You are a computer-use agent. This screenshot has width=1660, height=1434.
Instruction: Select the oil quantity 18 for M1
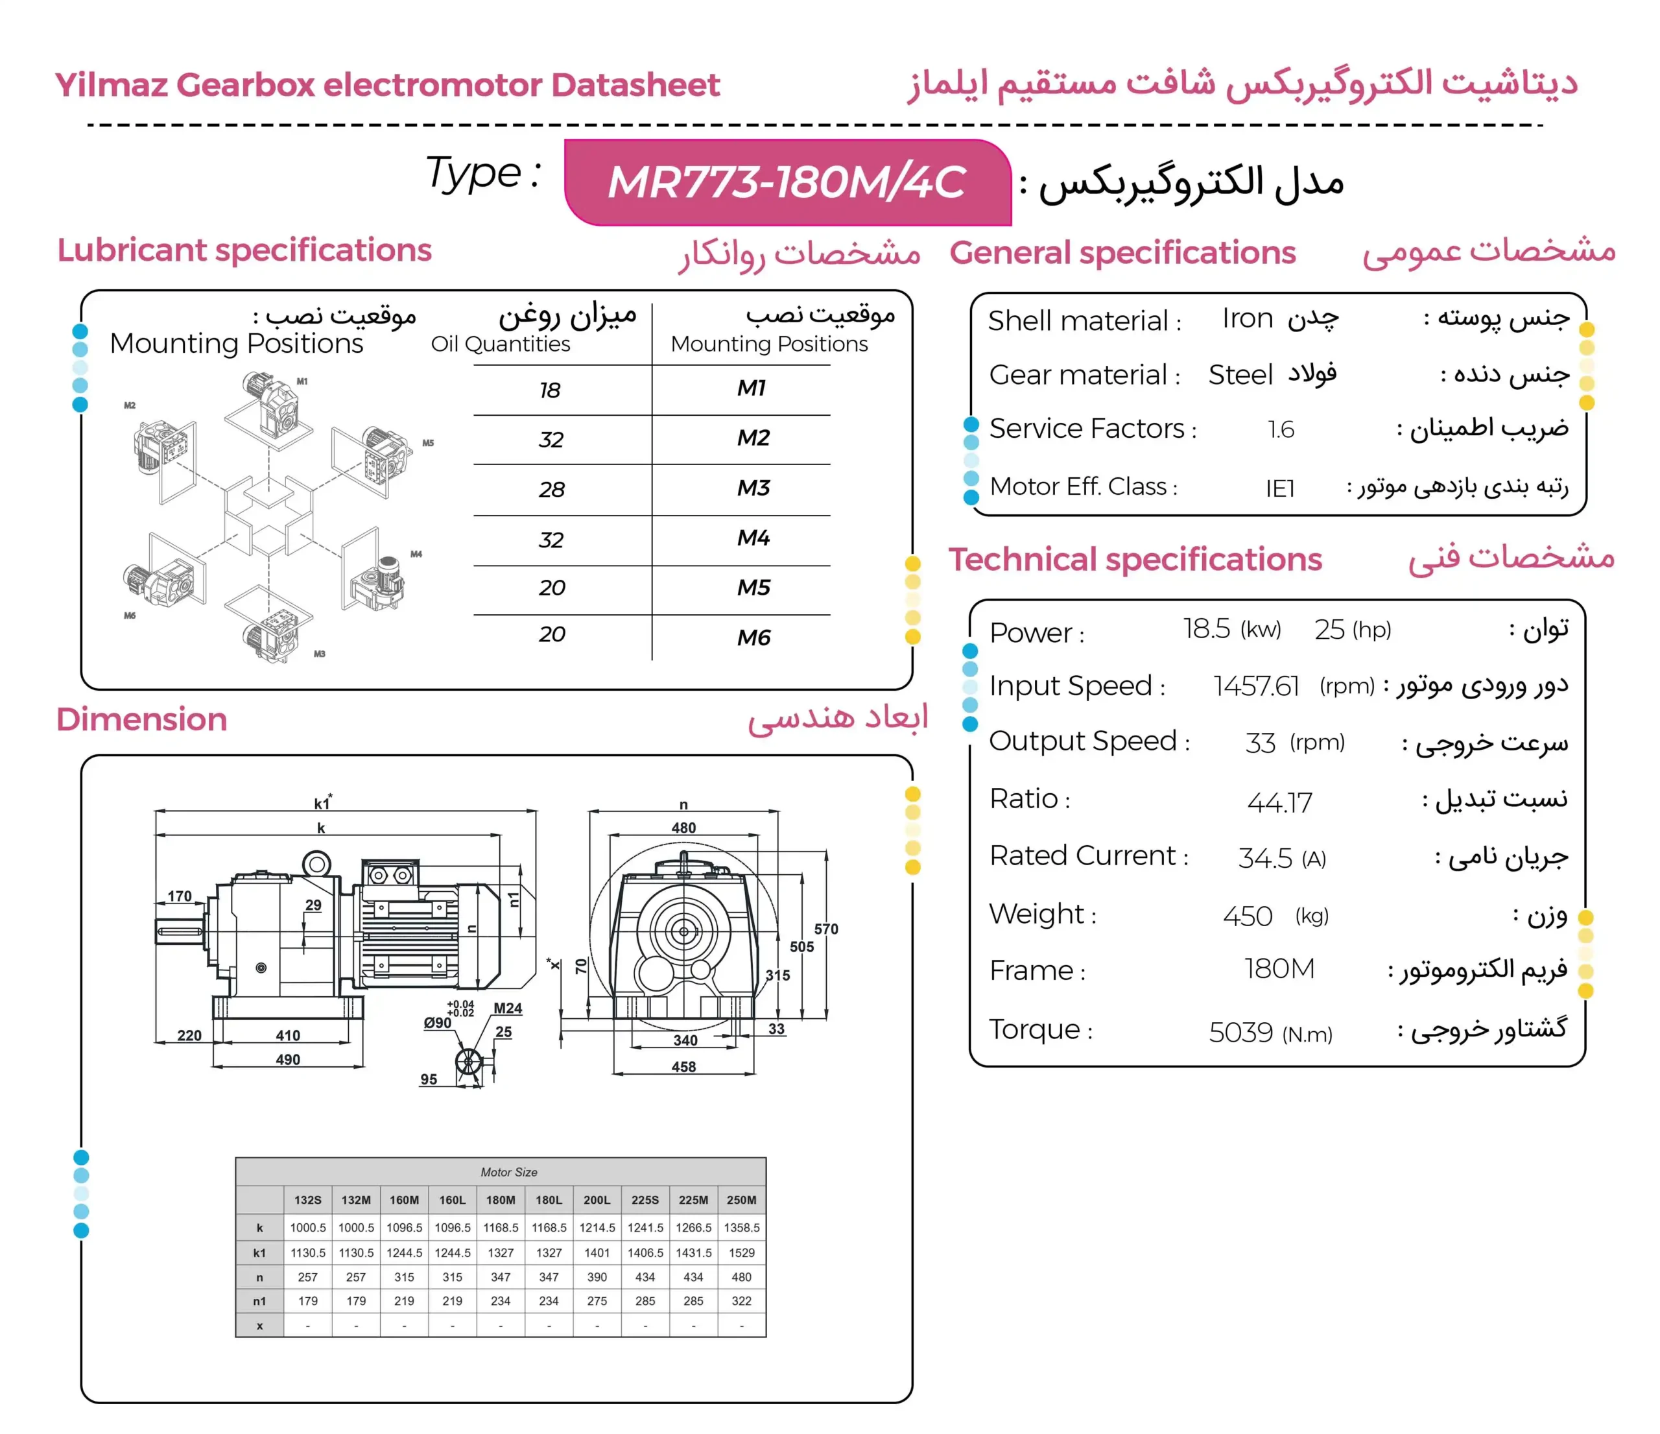tap(550, 390)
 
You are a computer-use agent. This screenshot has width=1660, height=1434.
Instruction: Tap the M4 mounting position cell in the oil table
tap(753, 538)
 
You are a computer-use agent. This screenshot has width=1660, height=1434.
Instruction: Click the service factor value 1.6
tap(1280, 429)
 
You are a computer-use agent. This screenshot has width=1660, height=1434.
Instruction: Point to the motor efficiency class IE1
tap(1279, 488)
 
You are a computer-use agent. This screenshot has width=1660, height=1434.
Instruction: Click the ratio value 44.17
tap(1279, 802)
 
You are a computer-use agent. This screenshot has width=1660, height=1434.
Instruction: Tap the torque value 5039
tap(1240, 1032)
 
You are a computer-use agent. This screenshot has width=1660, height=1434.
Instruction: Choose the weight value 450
tap(1246, 916)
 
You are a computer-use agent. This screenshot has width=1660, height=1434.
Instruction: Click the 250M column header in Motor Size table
tap(741, 1200)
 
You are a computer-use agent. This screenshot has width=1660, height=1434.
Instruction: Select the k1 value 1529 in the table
tap(741, 1252)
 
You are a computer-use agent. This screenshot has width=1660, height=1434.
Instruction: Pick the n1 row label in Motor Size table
tap(259, 1301)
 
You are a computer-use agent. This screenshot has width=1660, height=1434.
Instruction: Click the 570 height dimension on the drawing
tap(826, 929)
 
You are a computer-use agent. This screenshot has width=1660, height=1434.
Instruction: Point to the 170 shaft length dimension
tap(180, 896)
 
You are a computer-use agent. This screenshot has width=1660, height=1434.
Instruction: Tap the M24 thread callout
tap(508, 1008)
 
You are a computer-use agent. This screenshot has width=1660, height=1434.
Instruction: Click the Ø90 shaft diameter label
tap(438, 1023)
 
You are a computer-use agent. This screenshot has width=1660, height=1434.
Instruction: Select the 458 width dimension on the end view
tap(683, 1067)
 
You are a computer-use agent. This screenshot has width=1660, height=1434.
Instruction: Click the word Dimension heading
tap(142, 719)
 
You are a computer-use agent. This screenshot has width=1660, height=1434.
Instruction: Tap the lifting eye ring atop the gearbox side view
tap(316, 865)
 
